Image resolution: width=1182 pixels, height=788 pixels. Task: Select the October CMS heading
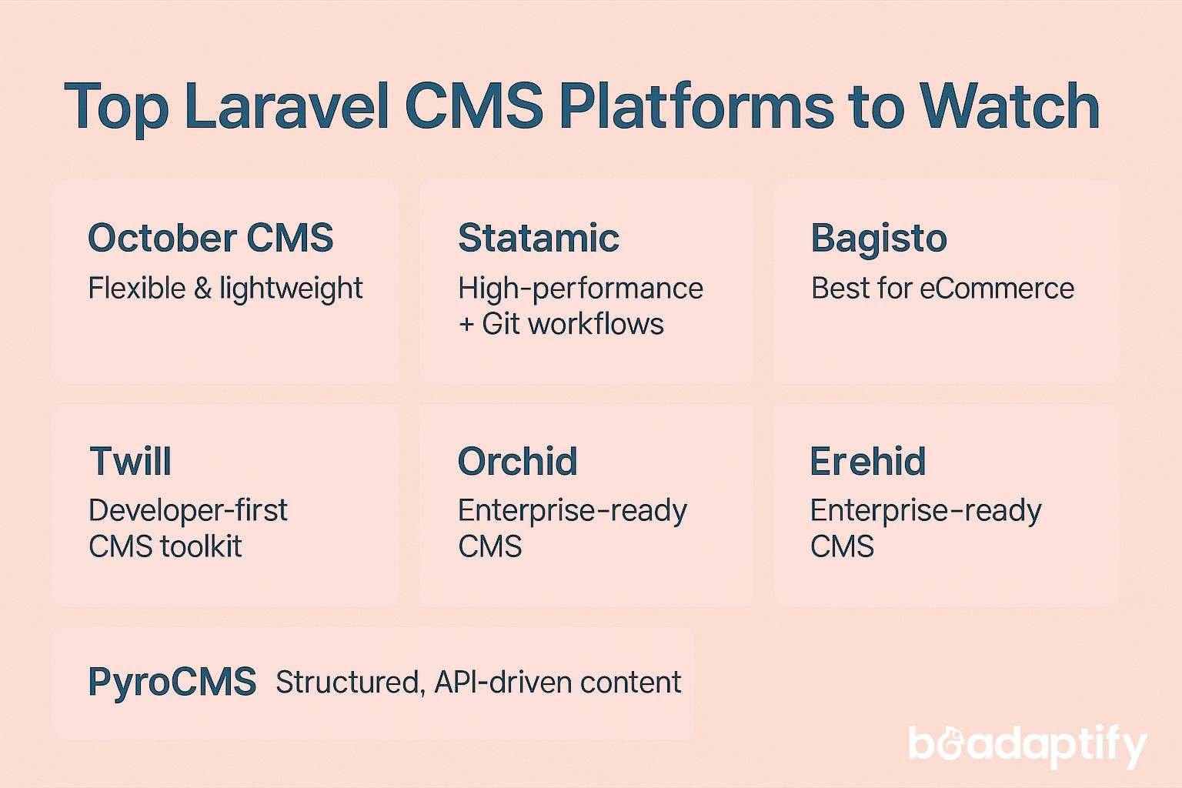click(x=210, y=238)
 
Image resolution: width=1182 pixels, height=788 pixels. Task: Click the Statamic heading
click(x=538, y=238)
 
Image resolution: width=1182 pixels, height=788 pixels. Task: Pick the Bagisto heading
click(x=878, y=239)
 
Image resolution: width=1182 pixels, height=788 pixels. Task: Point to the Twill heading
click(x=130, y=462)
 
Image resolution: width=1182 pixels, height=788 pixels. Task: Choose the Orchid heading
click(x=517, y=462)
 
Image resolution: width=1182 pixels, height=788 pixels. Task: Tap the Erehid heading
click(x=867, y=462)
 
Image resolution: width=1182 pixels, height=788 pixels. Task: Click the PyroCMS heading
click(x=172, y=682)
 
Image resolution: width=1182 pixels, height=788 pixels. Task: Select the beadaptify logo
click(x=1027, y=745)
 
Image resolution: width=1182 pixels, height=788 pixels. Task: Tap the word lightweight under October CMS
click(x=291, y=289)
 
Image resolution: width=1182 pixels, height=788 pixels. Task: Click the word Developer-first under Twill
click(x=188, y=510)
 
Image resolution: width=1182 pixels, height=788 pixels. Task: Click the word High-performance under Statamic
click(x=579, y=289)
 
